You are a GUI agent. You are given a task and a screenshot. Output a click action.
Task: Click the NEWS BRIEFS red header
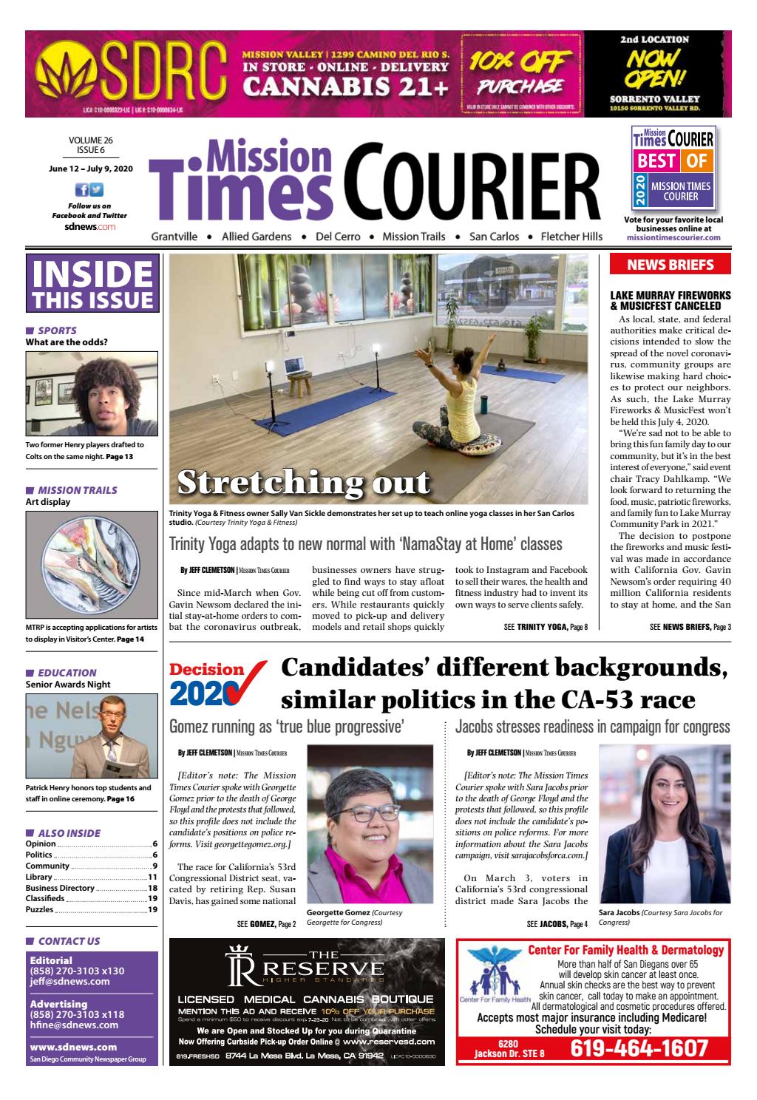[x=670, y=265]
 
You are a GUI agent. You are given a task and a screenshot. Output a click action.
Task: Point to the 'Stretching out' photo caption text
[x=303, y=482]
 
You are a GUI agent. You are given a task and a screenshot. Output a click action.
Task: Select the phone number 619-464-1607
[x=639, y=1048]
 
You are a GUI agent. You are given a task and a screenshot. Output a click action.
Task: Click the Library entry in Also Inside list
[x=39, y=877]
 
